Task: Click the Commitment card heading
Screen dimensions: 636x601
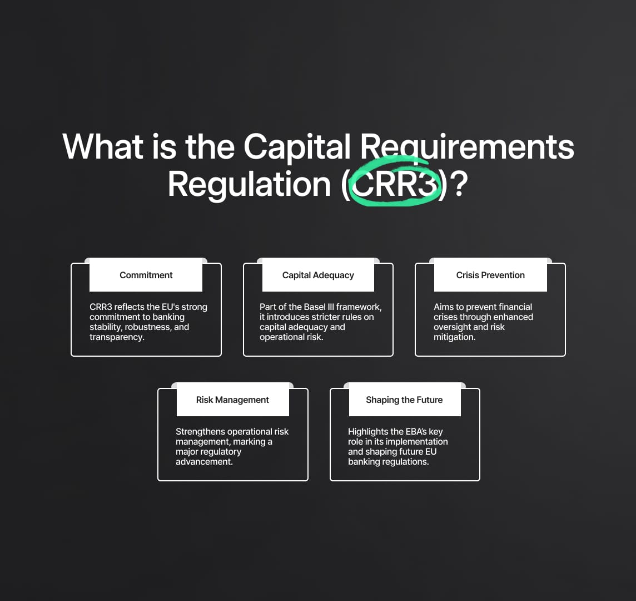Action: click(146, 275)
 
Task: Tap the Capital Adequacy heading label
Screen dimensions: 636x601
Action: click(318, 275)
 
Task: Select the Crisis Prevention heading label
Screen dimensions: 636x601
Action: click(490, 275)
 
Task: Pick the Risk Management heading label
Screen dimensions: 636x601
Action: click(232, 400)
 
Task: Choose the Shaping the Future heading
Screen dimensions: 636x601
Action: click(404, 400)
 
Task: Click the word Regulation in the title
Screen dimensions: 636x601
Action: click(250, 185)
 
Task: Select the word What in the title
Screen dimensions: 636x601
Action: click(103, 146)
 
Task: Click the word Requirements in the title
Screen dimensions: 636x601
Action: click(467, 146)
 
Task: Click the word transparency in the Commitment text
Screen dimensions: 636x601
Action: click(117, 337)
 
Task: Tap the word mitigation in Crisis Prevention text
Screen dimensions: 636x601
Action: click(454, 337)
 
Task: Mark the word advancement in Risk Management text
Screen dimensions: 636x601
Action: click(204, 462)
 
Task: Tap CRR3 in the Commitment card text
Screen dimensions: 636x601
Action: click(101, 307)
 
